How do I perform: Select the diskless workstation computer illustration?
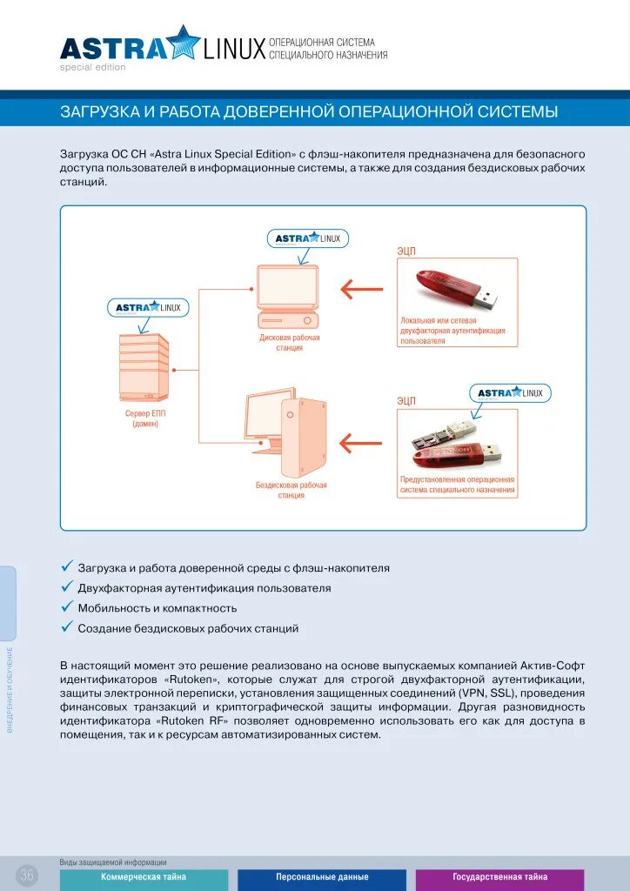pyautogui.click(x=286, y=425)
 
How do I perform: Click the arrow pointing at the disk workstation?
pyautogui.click(x=361, y=288)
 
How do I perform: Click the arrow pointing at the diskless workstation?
pyautogui.click(x=360, y=443)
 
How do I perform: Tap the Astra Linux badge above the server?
pyautogui.click(x=148, y=307)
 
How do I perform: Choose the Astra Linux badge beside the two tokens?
pyautogui.click(x=510, y=393)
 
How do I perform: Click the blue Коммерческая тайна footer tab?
pyautogui.click(x=144, y=878)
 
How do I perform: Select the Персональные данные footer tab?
pyautogui.click(x=322, y=878)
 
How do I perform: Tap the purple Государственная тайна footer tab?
pyautogui.click(x=499, y=878)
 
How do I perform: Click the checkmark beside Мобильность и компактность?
pyautogui.click(x=66, y=607)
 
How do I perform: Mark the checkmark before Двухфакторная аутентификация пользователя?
pyautogui.click(x=66, y=587)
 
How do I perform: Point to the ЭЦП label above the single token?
pyautogui.click(x=406, y=251)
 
